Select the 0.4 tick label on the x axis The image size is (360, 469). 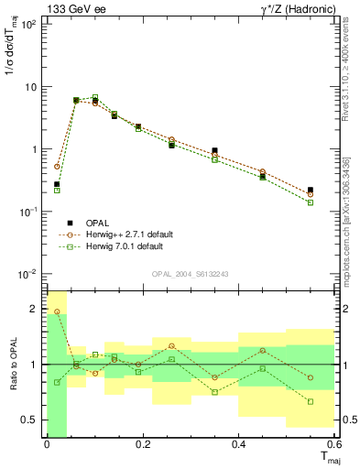click(238, 445)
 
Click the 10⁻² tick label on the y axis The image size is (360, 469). click(28, 274)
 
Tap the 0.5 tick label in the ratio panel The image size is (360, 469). click(28, 420)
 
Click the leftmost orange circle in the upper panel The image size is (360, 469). click(57, 167)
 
